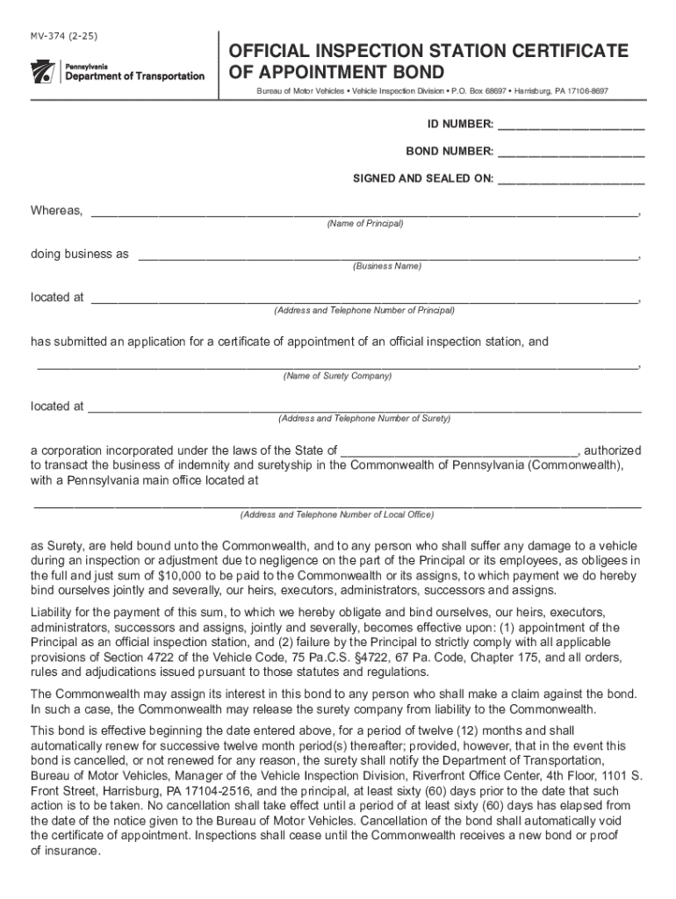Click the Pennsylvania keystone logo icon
tap(43, 72)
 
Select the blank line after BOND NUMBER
tap(571, 152)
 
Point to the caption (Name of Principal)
tap(364, 224)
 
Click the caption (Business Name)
tap(387, 266)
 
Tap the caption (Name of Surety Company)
tap(337, 376)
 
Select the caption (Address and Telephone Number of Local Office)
tap(337, 514)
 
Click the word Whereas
tap(57, 211)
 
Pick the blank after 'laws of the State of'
tap(458, 450)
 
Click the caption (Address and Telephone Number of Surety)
tap(363, 419)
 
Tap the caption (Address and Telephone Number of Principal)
tap(363, 311)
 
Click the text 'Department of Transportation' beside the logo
tap(136, 76)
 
